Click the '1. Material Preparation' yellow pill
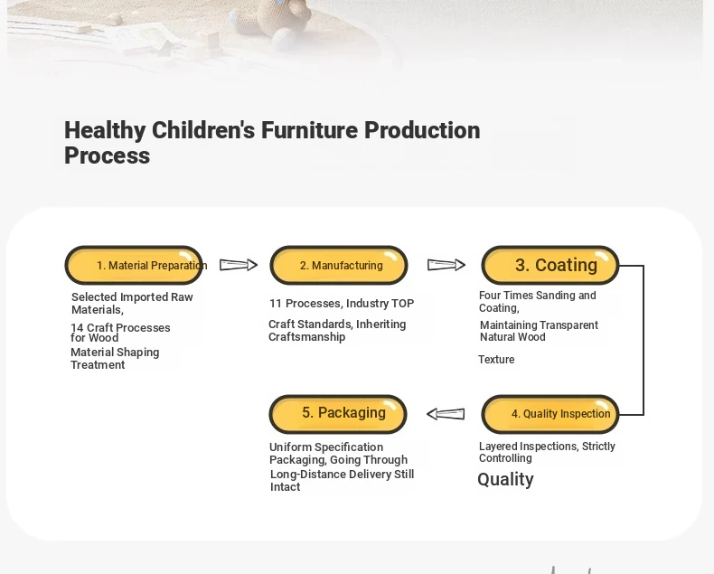click(134, 265)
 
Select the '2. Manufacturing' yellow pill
click(339, 265)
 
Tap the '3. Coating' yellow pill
click(550, 265)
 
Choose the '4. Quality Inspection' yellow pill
click(550, 414)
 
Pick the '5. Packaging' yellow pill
click(338, 414)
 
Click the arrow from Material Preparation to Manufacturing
click(239, 265)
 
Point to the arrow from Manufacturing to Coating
click(446, 265)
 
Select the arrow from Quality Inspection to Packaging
click(446, 414)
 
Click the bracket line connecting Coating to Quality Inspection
click(644, 340)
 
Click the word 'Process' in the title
click(107, 155)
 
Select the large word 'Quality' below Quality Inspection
click(505, 480)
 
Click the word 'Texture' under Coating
click(496, 360)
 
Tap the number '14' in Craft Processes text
click(77, 327)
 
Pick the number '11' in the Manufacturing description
click(276, 304)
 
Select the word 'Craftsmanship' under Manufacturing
click(307, 337)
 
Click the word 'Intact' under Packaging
click(285, 487)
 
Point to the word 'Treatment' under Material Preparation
click(98, 365)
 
